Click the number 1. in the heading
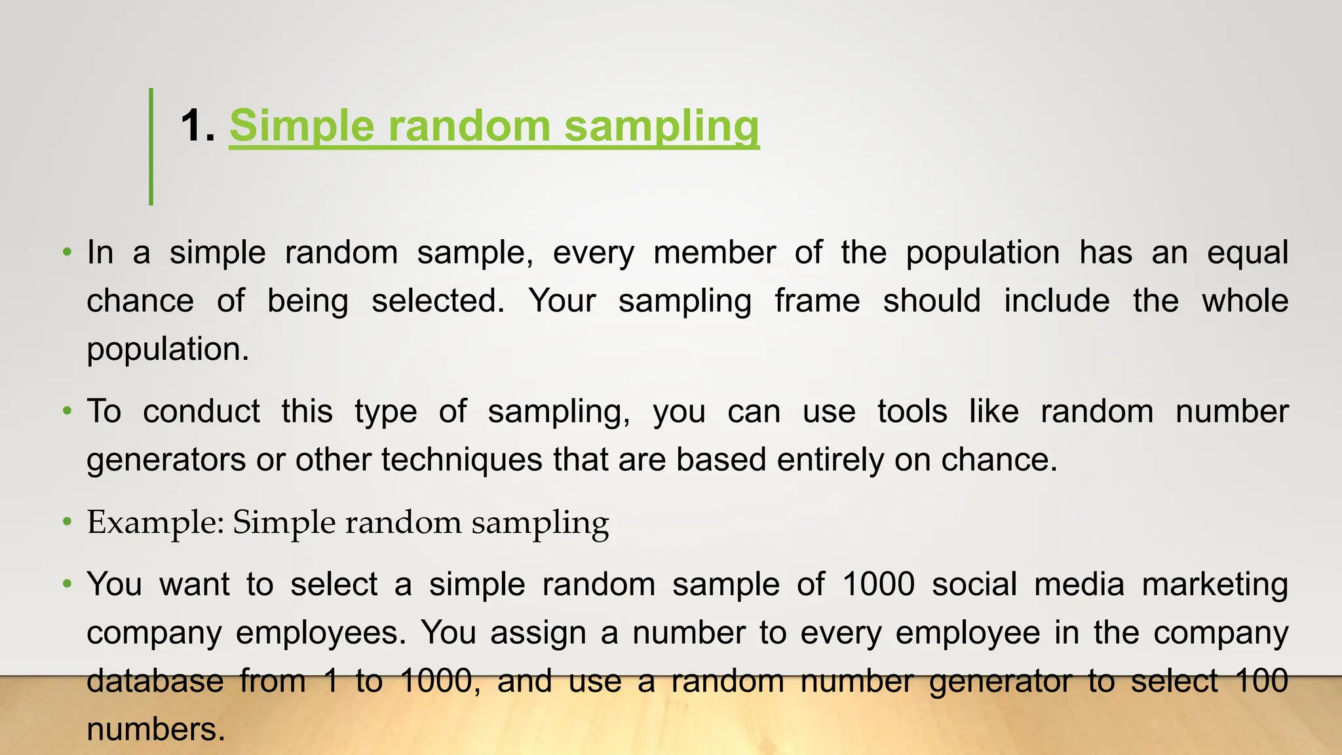tap(197, 126)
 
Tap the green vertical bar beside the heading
tap(151, 147)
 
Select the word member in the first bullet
tap(714, 253)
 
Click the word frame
tap(817, 301)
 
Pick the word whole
tap(1245, 301)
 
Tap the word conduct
tap(201, 412)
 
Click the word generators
tap(166, 460)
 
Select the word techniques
tap(462, 460)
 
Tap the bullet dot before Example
tap(67, 522)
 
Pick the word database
tap(155, 682)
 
